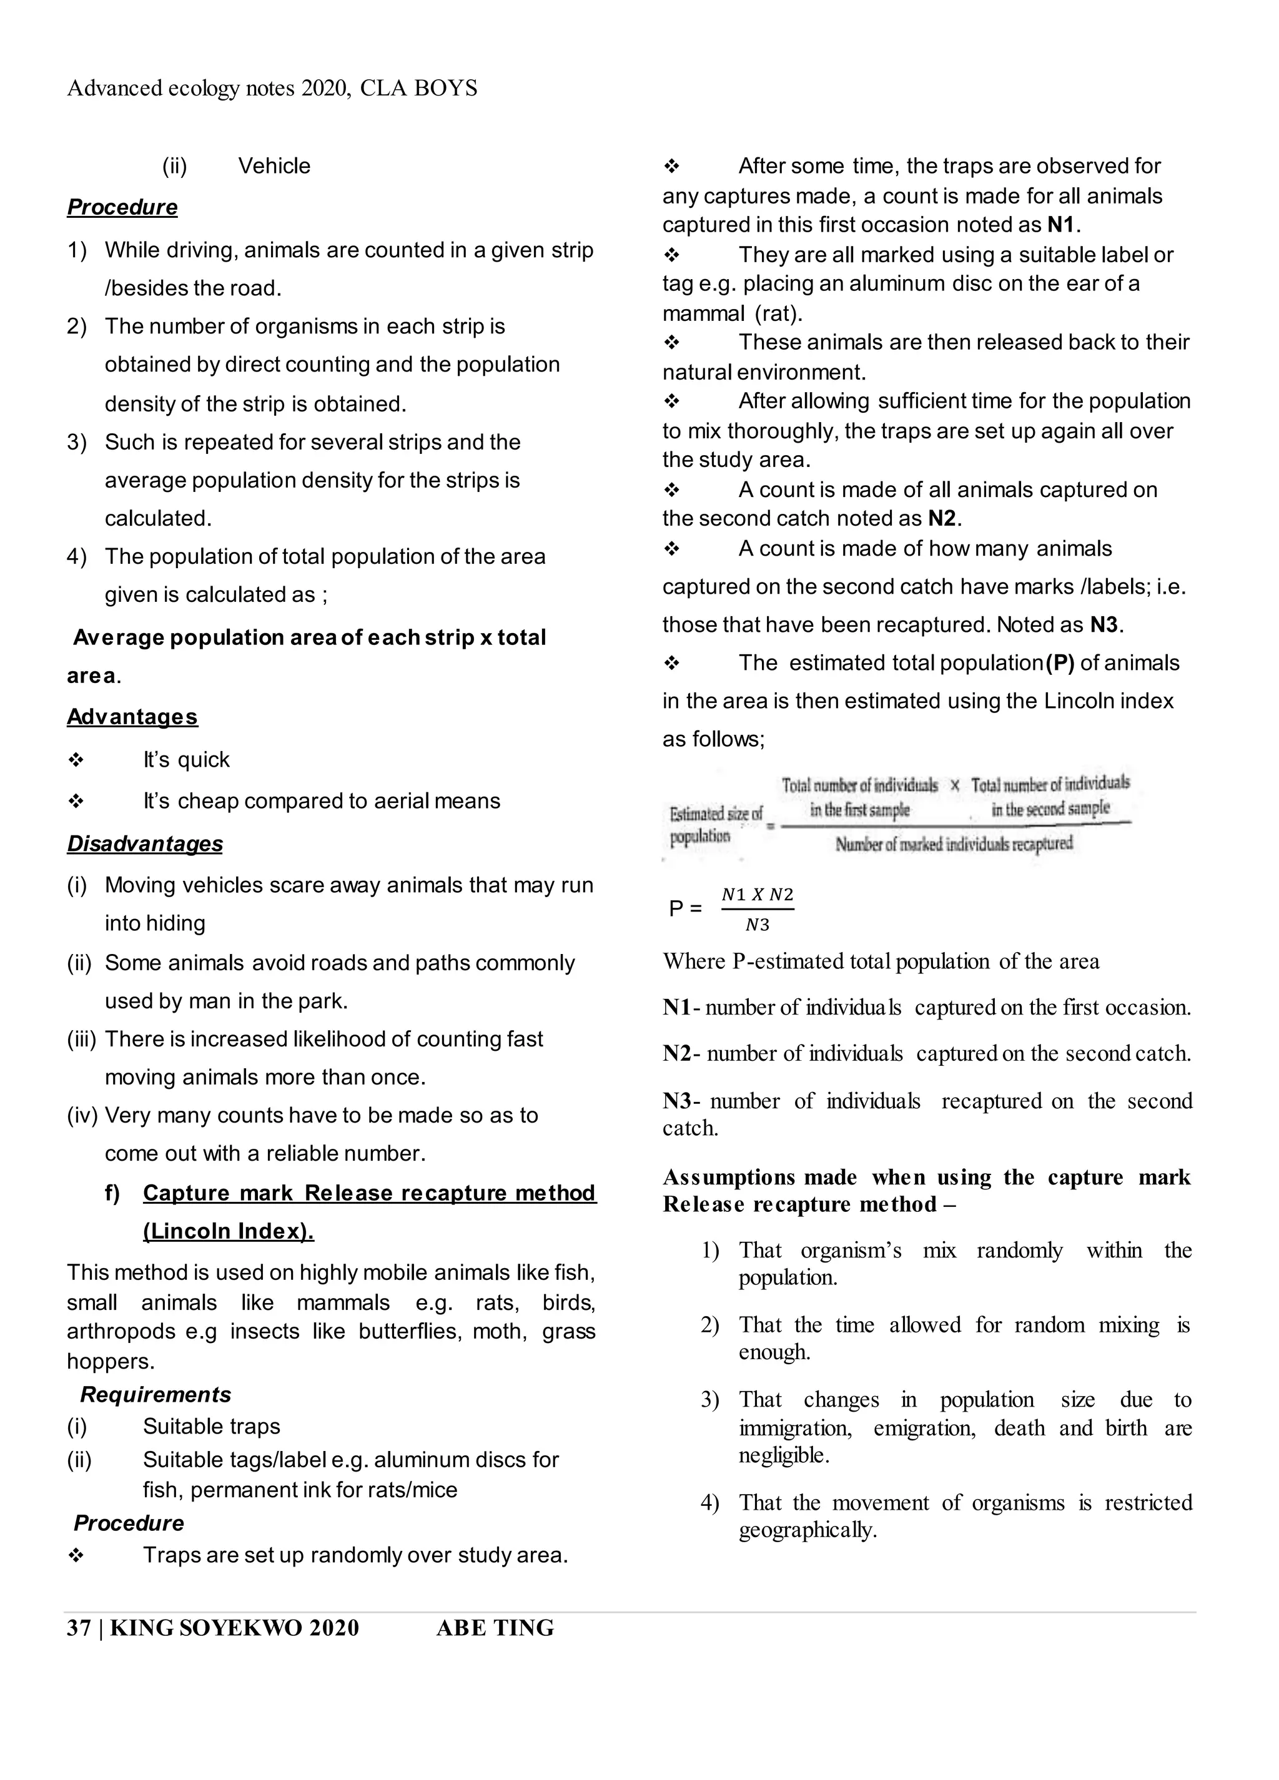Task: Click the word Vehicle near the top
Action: (274, 166)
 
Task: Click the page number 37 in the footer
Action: (79, 1628)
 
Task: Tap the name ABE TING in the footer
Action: (495, 1628)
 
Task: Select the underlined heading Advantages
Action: (132, 717)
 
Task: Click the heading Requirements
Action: (156, 1395)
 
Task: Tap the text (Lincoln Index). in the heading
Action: (229, 1231)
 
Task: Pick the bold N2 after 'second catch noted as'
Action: (942, 519)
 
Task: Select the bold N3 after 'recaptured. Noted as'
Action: (1104, 625)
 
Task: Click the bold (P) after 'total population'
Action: (1060, 663)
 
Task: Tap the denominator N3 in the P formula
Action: (757, 925)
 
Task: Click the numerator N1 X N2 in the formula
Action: (757, 895)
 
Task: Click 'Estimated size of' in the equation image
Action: (715, 814)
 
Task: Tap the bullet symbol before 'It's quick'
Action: (76, 760)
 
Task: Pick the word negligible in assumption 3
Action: (784, 1455)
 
